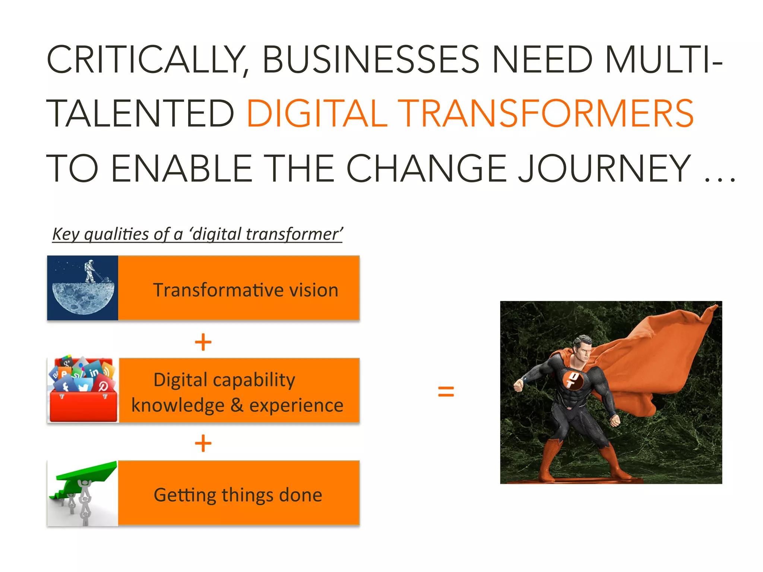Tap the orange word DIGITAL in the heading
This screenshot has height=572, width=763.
317,114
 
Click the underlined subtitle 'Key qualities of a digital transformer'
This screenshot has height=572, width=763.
197,234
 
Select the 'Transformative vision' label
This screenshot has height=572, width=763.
246,290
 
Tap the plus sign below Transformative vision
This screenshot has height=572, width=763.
203,342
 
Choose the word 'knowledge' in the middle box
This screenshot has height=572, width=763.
178,405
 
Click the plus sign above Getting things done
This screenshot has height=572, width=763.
203,444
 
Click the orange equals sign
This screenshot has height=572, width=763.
446,391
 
